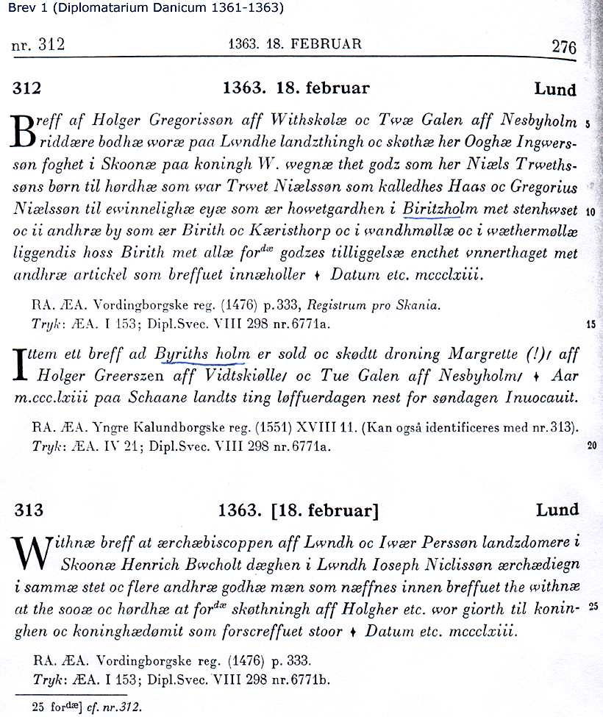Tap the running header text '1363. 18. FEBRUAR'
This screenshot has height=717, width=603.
[295, 44]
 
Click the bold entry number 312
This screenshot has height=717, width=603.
[26, 89]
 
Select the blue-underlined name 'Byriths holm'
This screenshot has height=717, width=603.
[202, 354]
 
